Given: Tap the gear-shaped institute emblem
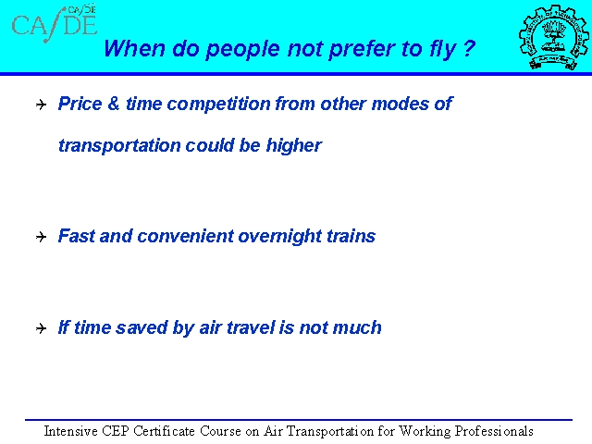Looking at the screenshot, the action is (553, 37).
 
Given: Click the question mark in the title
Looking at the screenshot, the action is (468, 48).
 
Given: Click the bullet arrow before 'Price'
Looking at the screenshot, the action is (41, 105).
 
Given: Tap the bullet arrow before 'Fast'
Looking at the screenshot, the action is (41, 237).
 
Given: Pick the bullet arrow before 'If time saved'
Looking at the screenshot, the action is (41, 328).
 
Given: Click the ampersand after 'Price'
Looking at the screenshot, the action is (113, 104).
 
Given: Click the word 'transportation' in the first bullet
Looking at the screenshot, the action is (119, 146).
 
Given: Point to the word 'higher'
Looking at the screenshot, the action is (294, 146).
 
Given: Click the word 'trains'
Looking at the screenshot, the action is (351, 236).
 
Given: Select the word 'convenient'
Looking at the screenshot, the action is (185, 237).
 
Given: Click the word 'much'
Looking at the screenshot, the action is (358, 327).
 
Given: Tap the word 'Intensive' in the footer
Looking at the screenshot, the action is (71, 431).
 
